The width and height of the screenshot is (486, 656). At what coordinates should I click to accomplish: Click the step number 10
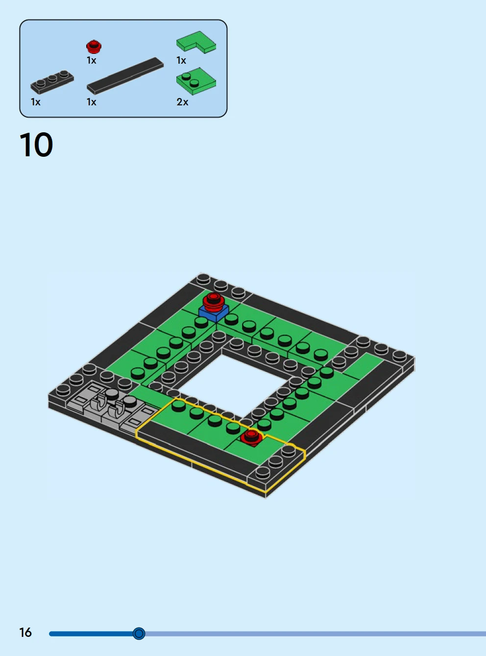(36, 145)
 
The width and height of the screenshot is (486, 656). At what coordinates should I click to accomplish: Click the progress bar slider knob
(139, 633)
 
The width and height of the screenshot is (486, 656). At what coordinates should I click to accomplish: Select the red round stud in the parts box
(94, 47)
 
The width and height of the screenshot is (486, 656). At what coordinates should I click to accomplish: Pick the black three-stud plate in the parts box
(52, 82)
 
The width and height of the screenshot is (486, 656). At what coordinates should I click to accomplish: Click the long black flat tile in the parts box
(125, 76)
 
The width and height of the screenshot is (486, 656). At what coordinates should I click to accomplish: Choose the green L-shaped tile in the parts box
(196, 42)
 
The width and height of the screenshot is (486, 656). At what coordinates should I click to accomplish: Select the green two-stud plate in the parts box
(196, 81)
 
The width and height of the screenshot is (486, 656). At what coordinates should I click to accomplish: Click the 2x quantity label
(182, 102)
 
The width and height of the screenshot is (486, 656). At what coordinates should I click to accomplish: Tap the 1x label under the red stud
(92, 60)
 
